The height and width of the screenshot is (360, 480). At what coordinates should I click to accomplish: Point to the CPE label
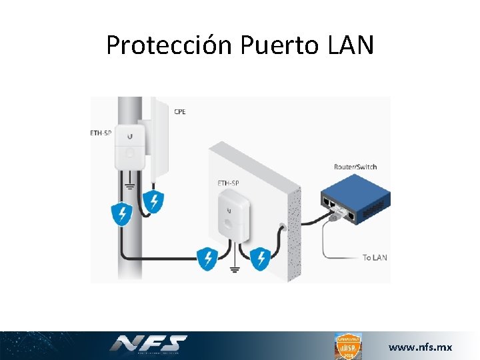point(180,111)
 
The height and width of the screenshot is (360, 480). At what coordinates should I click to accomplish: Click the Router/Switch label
point(355,166)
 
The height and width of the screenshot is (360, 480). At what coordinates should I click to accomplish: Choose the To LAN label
point(375,257)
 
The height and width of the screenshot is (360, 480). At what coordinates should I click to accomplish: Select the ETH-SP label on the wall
point(229,182)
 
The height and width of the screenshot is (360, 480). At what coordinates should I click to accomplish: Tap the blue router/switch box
point(353,200)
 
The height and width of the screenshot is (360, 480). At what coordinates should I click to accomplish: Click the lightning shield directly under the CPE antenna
point(154,201)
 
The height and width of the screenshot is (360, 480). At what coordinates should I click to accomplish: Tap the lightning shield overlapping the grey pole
point(121,214)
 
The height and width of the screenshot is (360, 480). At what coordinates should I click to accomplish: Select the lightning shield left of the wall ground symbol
point(207,258)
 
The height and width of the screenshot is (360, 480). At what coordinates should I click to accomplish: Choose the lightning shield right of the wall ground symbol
point(261,258)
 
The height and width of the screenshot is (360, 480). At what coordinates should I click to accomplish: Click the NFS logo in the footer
point(148,344)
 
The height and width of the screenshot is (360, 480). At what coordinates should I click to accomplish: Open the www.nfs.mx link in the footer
point(420,347)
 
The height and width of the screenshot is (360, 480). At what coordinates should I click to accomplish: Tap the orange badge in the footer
point(347,346)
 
